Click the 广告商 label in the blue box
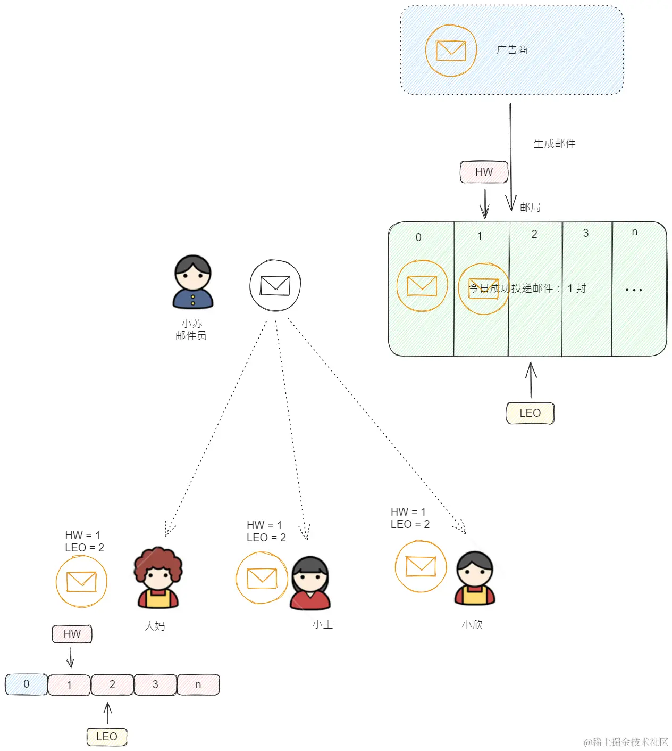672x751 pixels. pyautogui.click(x=512, y=50)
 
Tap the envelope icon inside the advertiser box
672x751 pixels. pyautogui.click(x=451, y=51)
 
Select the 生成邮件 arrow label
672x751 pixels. pyautogui.click(x=554, y=144)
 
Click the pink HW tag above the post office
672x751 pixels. pyautogui.click(x=484, y=172)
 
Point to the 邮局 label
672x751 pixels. pyautogui.click(x=530, y=207)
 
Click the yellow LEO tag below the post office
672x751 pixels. pyautogui.click(x=530, y=413)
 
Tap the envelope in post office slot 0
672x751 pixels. pyautogui.click(x=422, y=286)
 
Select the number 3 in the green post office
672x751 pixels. pyautogui.click(x=586, y=233)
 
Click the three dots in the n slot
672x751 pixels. pyautogui.click(x=634, y=290)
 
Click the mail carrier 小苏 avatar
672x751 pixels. pyautogui.click(x=193, y=282)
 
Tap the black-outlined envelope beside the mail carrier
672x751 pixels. pyautogui.click(x=275, y=285)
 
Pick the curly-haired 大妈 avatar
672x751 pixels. pyautogui.click(x=158, y=578)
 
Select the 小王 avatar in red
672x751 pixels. pyautogui.click(x=310, y=583)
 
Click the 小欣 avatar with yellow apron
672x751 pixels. pyautogui.click(x=475, y=579)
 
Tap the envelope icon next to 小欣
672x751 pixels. pyautogui.click(x=421, y=566)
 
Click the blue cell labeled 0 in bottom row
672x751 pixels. pyautogui.click(x=27, y=684)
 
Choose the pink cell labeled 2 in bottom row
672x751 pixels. pyautogui.click(x=112, y=684)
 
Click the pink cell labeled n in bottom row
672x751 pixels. pyautogui.click(x=198, y=684)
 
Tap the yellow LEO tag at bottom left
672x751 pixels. pyautogui.click(x=107, y=737)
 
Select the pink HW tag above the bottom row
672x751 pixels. pyautogui.click(x=72, y=634)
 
